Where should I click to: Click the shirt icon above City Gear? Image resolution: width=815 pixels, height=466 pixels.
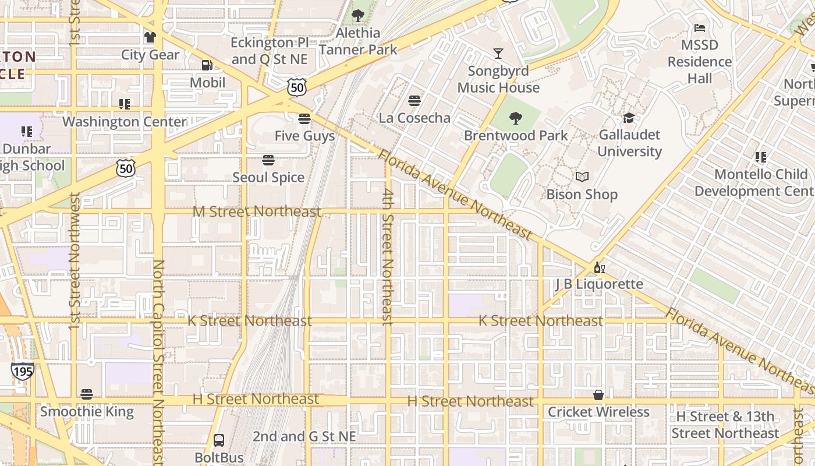(150, 37)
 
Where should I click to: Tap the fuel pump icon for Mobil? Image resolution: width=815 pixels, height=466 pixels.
(207, 65)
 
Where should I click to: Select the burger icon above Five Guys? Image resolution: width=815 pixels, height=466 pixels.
(304, 119)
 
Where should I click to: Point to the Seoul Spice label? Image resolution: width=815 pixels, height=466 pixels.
(268, 177)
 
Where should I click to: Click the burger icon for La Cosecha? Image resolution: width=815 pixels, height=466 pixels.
(414, 101)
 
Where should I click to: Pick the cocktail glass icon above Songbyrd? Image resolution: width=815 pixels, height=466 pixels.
(498, 54)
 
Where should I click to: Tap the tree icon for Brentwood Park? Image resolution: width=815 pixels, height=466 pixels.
(515, 118)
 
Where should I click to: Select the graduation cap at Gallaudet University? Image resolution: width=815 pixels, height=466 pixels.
(629, 118)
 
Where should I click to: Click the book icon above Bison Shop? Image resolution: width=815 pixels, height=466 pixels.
(582, 176)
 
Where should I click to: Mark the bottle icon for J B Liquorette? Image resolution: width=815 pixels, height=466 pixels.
(598, 268)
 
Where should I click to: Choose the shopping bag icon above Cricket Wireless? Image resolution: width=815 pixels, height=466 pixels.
(598, 395)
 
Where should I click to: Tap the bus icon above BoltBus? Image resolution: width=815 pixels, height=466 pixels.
(219, 440)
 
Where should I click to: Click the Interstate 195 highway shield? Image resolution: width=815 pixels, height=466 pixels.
(22, 370)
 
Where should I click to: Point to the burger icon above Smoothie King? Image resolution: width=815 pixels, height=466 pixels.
(87, 394)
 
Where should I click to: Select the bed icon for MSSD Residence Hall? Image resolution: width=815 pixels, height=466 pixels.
(699, 28)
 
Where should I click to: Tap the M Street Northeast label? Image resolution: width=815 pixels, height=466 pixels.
(257, 211)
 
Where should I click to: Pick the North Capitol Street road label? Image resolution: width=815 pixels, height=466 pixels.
(158, 361)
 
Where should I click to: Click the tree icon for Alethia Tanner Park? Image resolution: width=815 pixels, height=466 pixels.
(357, 16)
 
